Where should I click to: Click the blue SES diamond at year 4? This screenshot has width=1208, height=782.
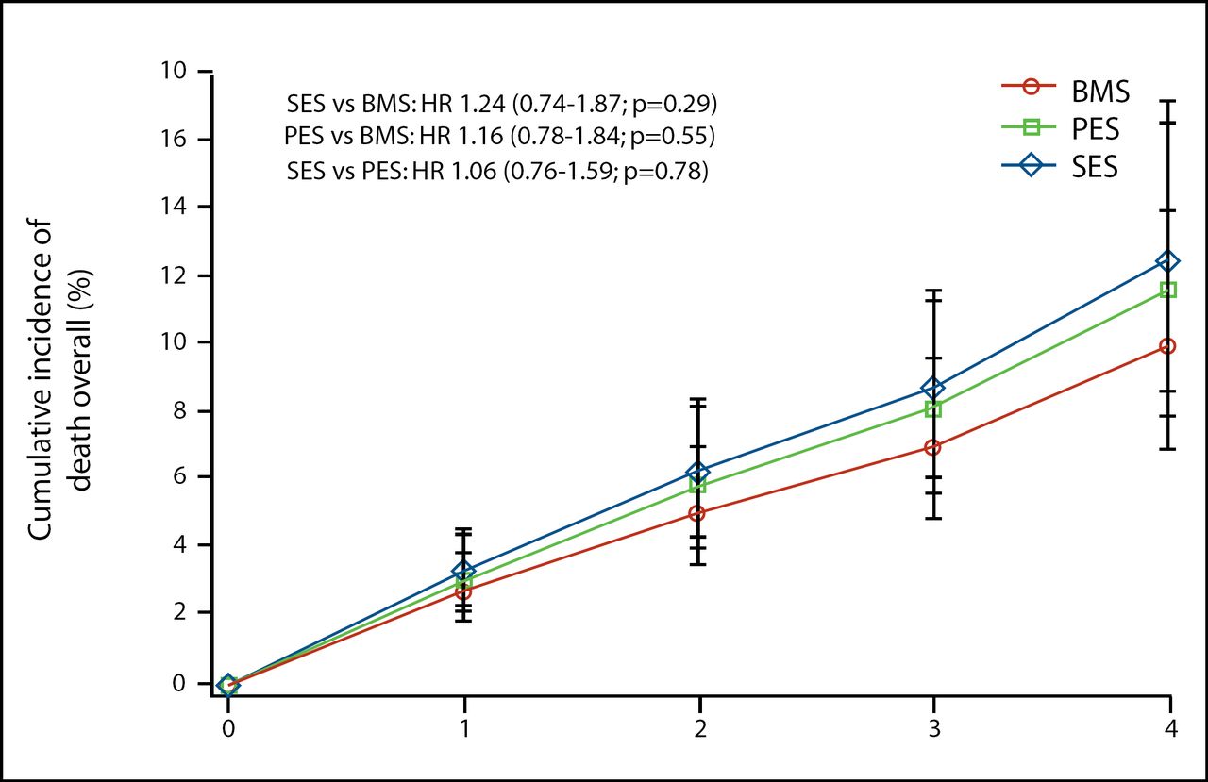(1168, 260)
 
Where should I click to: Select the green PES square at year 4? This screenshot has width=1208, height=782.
(1168, 290)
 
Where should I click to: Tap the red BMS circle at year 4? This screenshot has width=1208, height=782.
(1168, 346)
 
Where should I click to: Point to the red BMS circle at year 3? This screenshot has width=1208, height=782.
(933, 447)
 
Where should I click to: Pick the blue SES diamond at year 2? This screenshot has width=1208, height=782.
(698, 472)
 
